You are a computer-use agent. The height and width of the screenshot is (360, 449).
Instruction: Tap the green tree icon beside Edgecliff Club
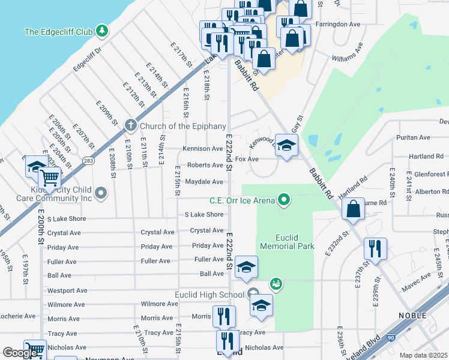point(103,30)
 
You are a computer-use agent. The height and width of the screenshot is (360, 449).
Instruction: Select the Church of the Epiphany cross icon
point(130,126)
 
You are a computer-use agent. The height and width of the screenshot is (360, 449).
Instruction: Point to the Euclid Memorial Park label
point(287,242)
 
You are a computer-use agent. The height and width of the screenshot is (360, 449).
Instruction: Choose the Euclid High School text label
point(209,294)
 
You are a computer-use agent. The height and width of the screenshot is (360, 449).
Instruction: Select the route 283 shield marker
point(89,160)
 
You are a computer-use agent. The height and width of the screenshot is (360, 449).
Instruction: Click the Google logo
point(20,353)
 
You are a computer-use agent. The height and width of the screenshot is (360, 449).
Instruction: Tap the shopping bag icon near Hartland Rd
point(354,208)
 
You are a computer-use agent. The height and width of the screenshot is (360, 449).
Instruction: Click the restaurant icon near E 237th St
point(375,248)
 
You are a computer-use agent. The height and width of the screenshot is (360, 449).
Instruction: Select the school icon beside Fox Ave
point(287,145)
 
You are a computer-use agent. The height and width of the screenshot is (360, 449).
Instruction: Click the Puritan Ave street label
point(413,137)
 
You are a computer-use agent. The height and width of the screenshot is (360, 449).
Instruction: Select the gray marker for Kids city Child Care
point(101,193)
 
